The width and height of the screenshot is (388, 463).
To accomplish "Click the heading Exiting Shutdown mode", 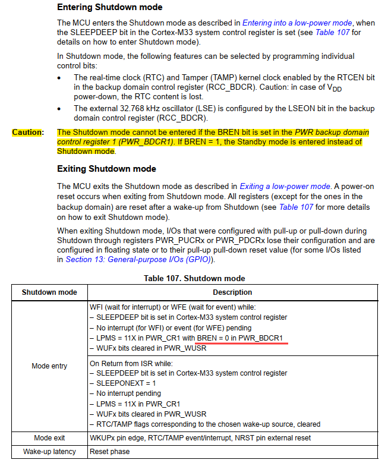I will click(x=106, y=169).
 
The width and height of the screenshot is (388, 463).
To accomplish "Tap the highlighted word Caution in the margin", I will click(x=27, y=132).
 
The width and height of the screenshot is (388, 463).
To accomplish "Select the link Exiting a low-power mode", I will click(x=285, y=187).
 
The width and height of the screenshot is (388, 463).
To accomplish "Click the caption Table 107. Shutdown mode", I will click(x=194, y=278).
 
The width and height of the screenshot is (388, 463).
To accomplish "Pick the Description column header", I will click(x=232, y=292).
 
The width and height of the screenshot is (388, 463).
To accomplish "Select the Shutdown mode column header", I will click(x=49, y=292).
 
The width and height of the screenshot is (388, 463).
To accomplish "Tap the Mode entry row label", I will click(x=49, y=366).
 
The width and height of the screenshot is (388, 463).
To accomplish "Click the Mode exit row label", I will click(x=49, y=438).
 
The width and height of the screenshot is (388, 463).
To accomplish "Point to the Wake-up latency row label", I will click(x=49, y=452).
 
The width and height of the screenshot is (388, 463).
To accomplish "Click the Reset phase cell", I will click(x=109, y=452).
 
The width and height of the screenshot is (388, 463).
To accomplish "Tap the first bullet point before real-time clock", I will click(x=59, y=78).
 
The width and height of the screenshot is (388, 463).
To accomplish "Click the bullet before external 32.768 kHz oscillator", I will click(x=59, y=109).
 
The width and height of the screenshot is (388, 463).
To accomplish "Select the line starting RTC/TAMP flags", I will click(x=204, y=424).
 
